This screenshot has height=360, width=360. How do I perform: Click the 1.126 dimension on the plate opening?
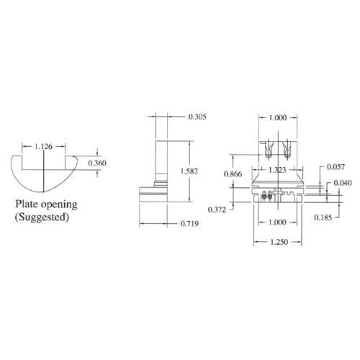point(43,147)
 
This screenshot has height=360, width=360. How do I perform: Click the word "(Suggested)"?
point(42,216)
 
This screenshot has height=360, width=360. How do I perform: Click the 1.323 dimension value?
point(278,170)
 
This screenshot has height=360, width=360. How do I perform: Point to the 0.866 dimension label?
point(233,175)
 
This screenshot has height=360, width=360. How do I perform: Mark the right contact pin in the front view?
point(287,152)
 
